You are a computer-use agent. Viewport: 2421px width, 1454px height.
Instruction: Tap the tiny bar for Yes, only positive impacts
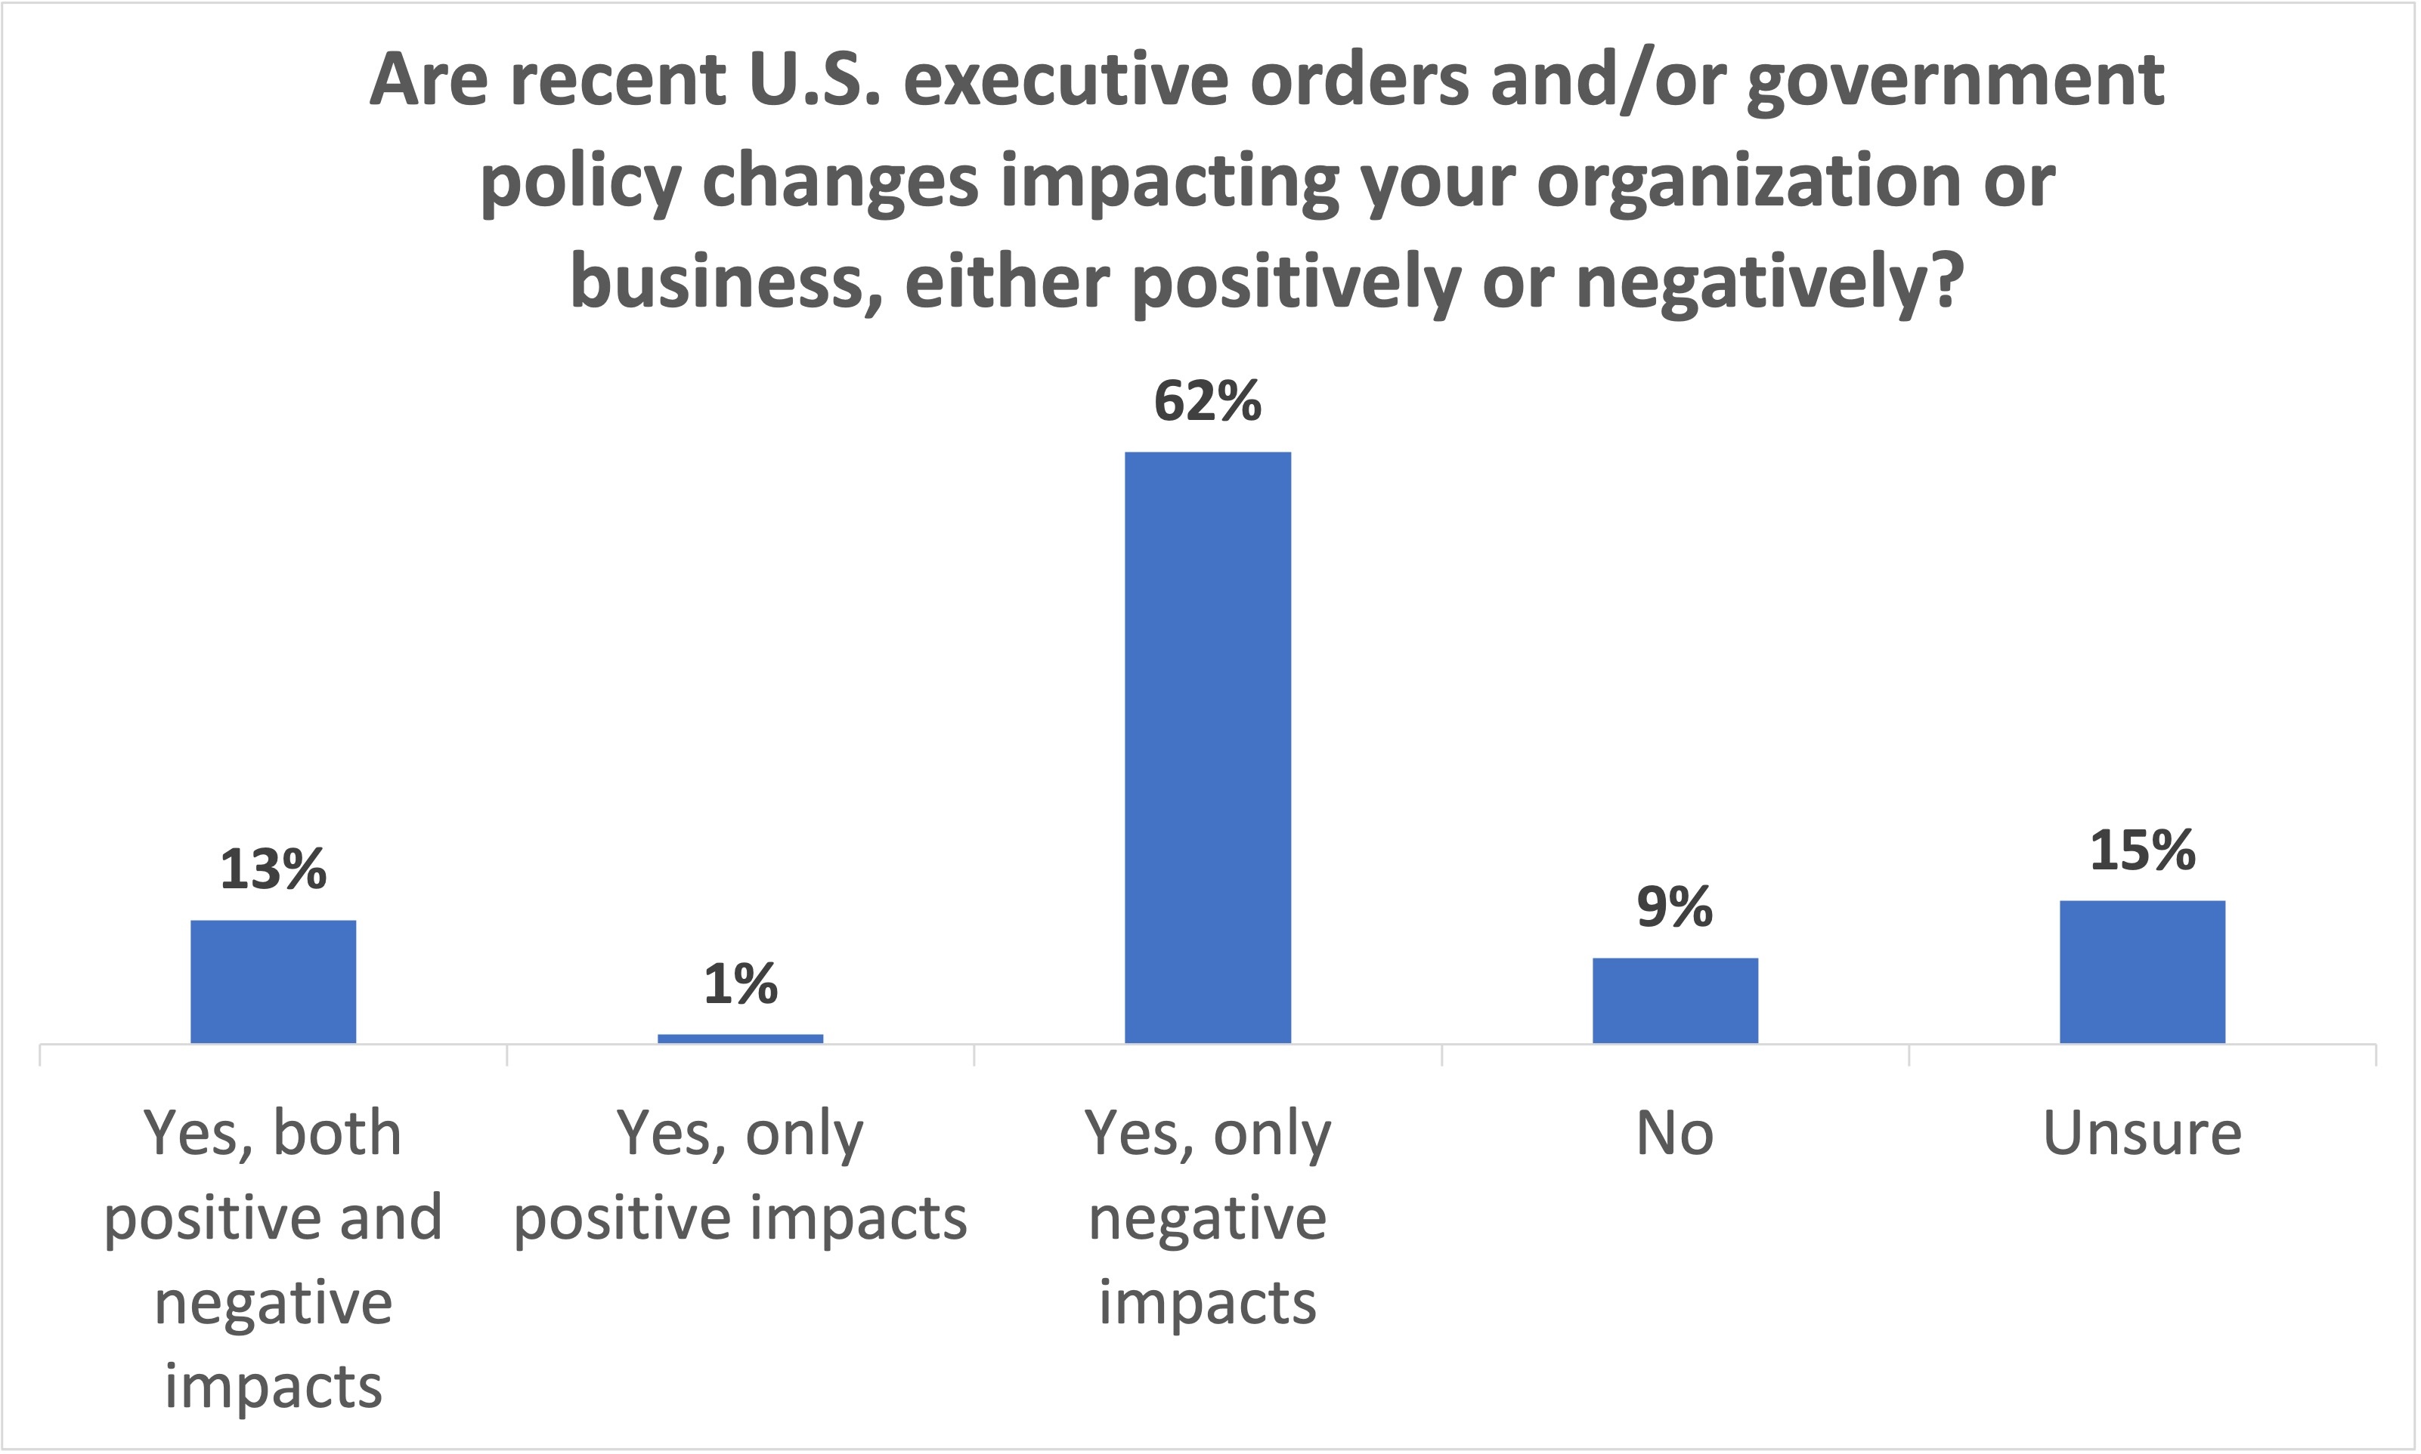[x=740, y=1038]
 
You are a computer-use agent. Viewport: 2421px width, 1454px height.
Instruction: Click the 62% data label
[x=1208, y=401]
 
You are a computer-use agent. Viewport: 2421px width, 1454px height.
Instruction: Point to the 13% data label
[x=274, y=869]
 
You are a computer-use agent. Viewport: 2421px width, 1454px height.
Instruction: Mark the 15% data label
[x=2143, y=850]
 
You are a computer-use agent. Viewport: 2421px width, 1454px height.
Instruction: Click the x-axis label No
[x=1675, y=1134]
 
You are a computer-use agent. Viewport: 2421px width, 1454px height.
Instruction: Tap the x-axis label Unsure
[x=2143, y=1134]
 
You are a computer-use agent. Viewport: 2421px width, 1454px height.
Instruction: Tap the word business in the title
[x=726, y=282]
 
